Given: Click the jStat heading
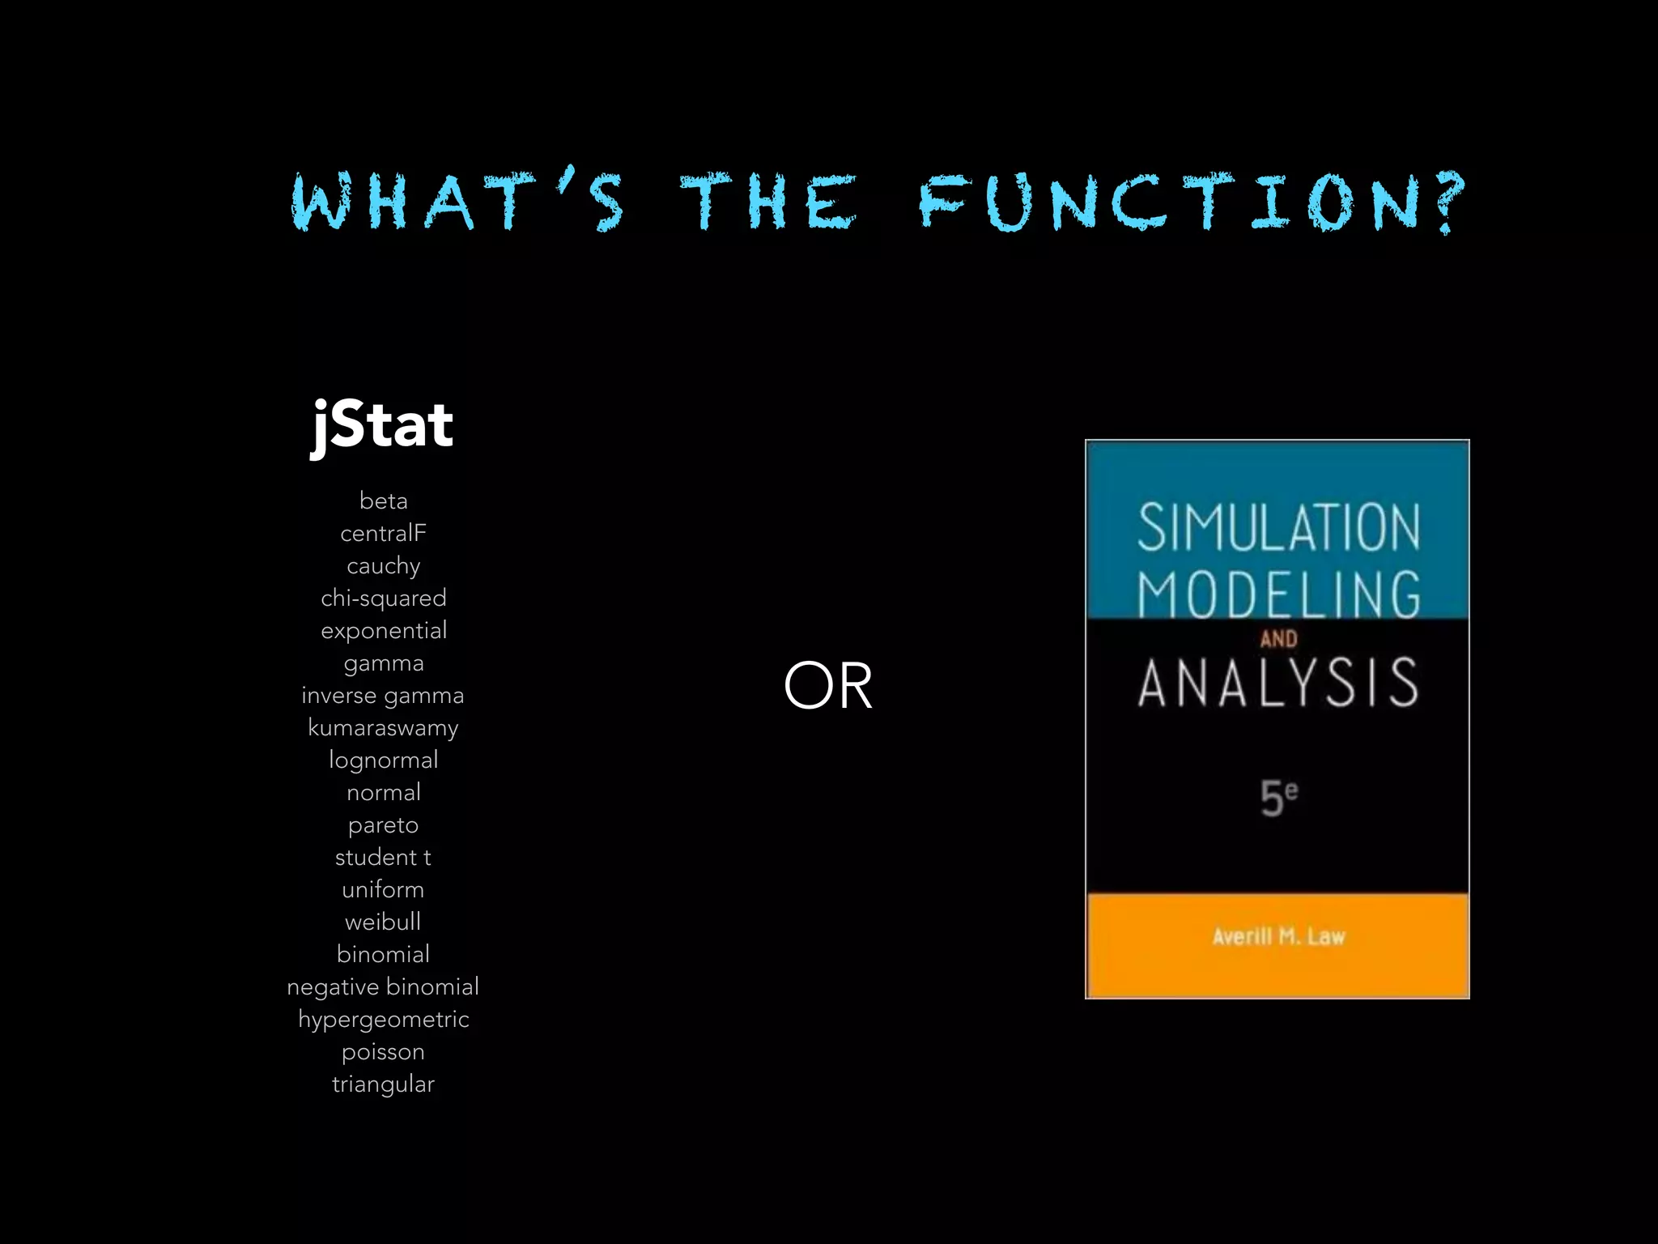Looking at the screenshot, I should click(x=382, y=425).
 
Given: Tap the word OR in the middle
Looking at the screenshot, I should click(x=828, y=685).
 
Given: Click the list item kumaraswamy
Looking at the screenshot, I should click(x=383, y=727).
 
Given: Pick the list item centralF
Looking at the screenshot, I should click(x=383, y=533).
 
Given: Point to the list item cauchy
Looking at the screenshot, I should click(x=383, y=565).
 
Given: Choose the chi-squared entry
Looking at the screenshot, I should click(x=383, y=598).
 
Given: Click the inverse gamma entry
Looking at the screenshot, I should click(x=383, y=695).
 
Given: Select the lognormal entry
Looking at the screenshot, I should click(x=383, y=760).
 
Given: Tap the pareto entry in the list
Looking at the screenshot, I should click(x=383, y=824).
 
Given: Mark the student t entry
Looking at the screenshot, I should click(x=383, y=857).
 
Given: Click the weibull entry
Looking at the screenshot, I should click(x=383, y=922).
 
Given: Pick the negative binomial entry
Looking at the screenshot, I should click(x=383, y=986).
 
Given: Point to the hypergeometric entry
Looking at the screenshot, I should click(x=383, y=1019).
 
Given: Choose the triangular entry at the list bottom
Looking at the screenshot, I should click(x=383, y=1084).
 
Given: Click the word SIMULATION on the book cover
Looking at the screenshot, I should click(x=1278, y=528).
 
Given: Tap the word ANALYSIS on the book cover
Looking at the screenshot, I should click(x=1278, y=683).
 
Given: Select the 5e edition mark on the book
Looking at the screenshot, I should click(x=1278, y=797).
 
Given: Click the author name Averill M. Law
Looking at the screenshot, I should click(x=1278, y=937).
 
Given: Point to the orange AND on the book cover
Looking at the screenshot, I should click(x=1278, y=639).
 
